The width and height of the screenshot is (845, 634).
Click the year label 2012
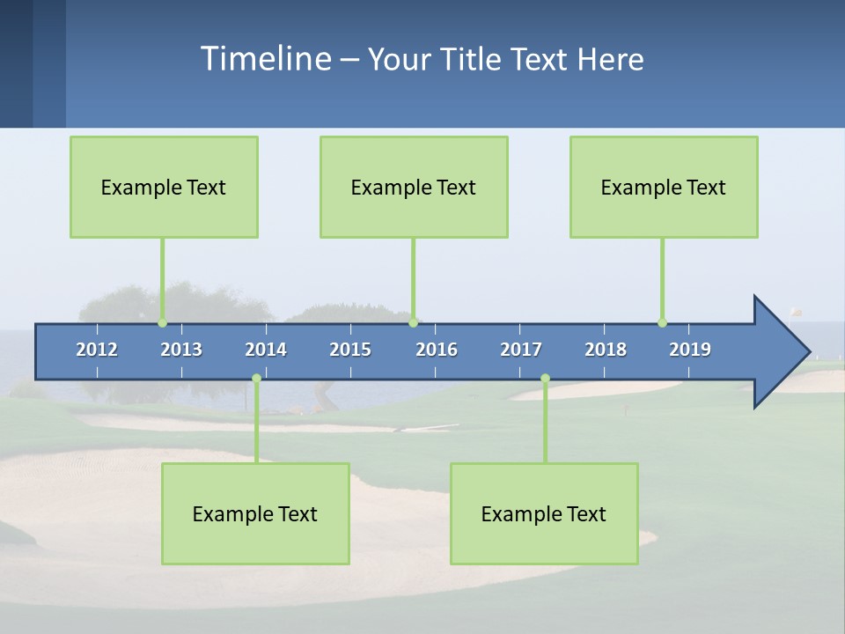pos(97,350)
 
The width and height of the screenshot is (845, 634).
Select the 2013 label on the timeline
pos(181,350)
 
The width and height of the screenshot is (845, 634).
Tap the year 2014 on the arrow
pos(266,350)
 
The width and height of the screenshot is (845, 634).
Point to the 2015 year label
pos(350,350)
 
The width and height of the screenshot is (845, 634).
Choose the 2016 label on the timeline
pos(437,350)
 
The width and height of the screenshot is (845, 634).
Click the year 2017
pos(521,350)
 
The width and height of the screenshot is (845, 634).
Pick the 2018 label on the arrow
pos(606,350)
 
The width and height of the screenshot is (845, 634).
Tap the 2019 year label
pos(690,350)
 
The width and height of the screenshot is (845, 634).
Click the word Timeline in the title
pos(264,59)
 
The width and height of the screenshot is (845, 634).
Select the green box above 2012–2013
pos(164,187)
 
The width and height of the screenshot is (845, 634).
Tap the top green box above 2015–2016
pos(414,187)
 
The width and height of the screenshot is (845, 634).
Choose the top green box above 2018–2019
pos(664,187)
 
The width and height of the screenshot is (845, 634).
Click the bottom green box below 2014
pos(255,513)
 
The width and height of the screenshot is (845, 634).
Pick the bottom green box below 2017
pos(544,513)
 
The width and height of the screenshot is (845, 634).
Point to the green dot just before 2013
pos(162,322)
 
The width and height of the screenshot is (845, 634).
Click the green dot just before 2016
pos(413,322)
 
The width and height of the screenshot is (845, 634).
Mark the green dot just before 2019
pos(662,322)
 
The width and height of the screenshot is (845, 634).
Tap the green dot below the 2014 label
pos(256,378)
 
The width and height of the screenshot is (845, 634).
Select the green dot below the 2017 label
pos(545,378)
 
